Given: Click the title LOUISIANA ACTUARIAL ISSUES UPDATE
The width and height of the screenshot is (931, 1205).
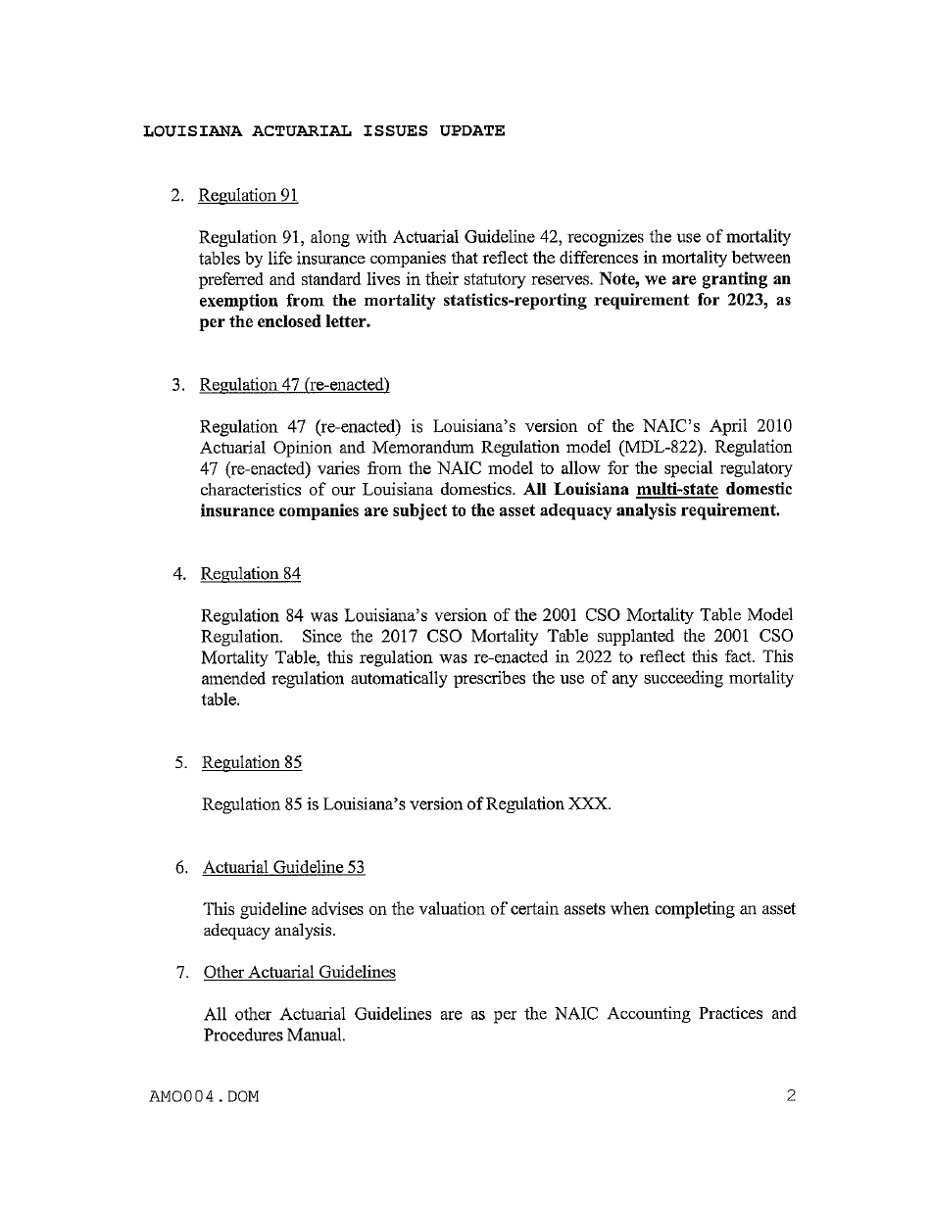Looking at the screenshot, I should pos(324,130).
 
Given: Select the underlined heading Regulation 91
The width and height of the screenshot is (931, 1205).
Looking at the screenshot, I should pos(248,195).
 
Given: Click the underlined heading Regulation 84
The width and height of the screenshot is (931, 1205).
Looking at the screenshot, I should pos(250,574).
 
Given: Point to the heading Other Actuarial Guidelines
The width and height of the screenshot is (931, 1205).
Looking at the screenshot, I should pos(300,972).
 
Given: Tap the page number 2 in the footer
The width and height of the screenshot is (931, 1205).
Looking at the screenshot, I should pos(791,1096).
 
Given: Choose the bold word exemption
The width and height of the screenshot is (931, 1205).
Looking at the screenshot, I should pos(240,301).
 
